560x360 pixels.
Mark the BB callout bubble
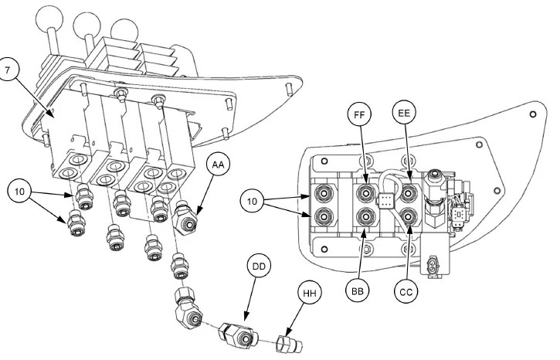358,293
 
